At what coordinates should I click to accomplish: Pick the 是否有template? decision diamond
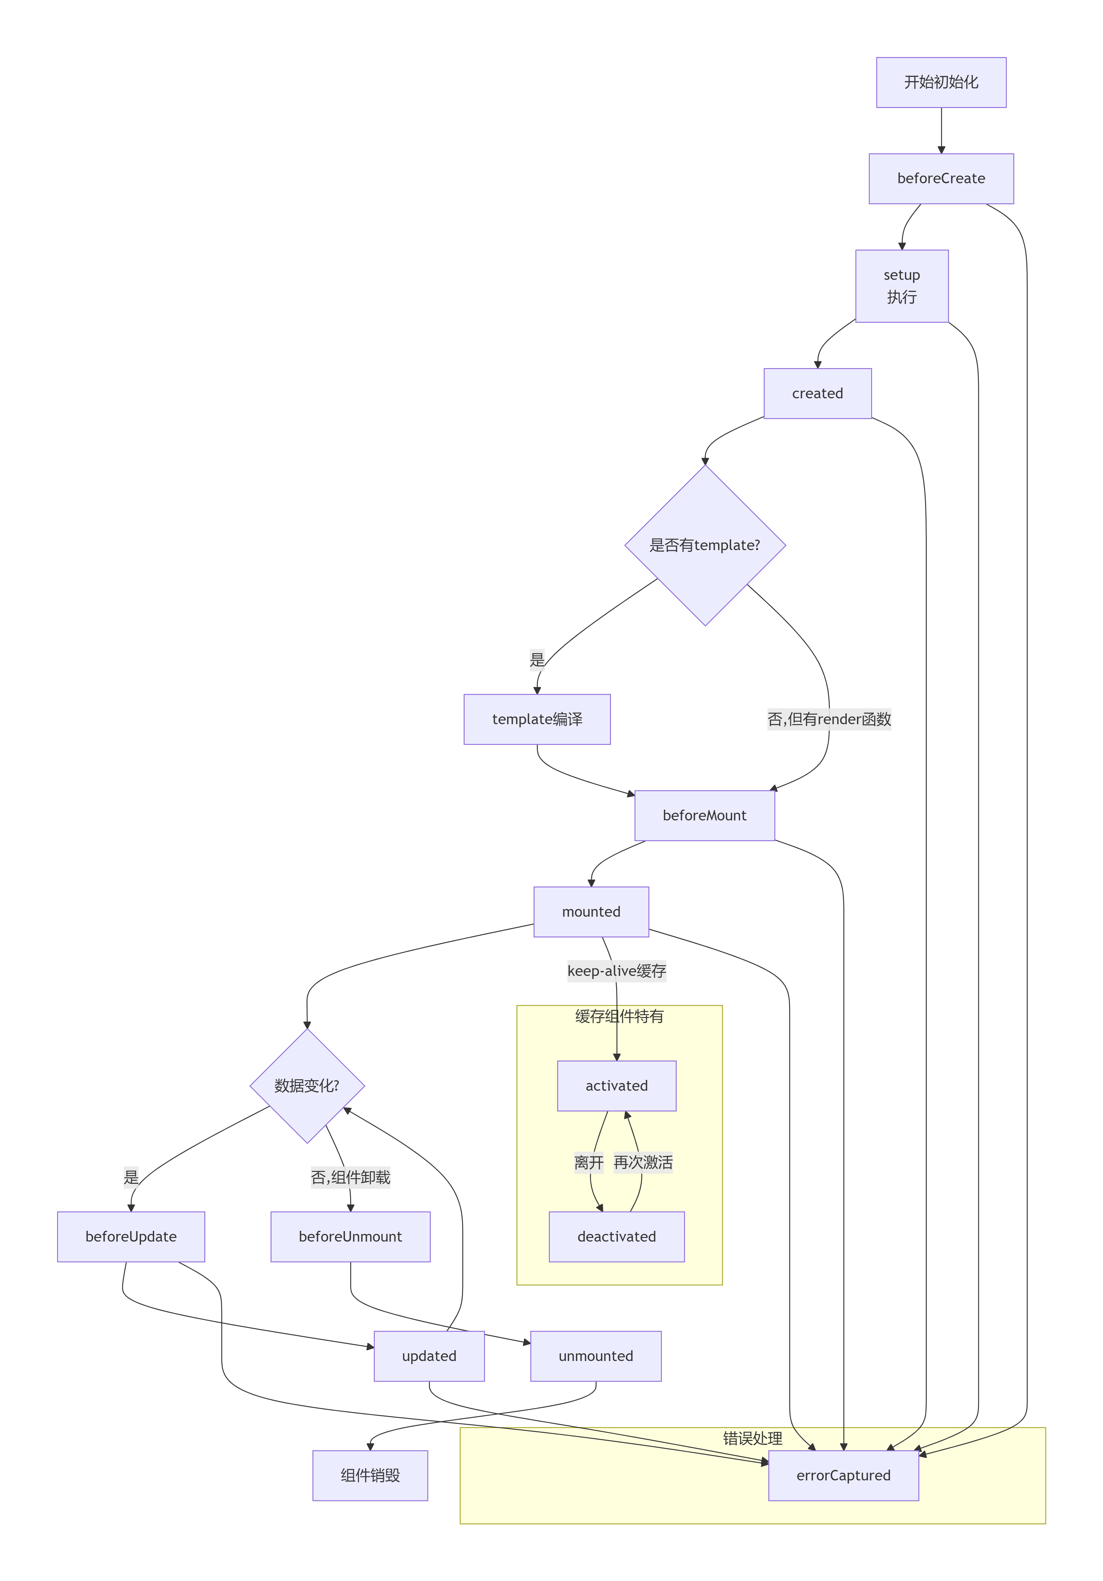click(x=705, y=546)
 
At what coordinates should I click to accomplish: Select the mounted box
click(x=591, y=912)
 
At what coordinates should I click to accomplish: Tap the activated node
click(x=616, y=1086)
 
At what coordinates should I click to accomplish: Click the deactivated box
click(x=616, y=1237)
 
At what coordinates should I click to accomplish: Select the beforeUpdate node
click(x=131, y=1237)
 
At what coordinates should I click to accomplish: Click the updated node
click(x=429, y=1356)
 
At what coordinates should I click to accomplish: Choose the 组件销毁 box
click(x=370, y=1476)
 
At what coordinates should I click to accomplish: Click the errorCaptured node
click(x=843, y=1476)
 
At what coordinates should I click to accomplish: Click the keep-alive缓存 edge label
click(x=616, y=971)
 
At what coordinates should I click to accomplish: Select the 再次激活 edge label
click(x=643, y=1162)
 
